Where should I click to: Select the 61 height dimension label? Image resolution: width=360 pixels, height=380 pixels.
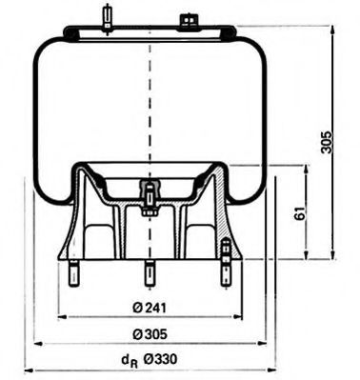point(300,215)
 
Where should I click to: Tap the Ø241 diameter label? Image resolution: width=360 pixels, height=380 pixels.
point(147,306)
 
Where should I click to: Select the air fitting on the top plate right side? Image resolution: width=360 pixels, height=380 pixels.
point(186,19)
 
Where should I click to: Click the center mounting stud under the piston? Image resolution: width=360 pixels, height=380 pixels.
point(149,272)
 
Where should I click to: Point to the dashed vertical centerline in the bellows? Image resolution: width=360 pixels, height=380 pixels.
point(149,105)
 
